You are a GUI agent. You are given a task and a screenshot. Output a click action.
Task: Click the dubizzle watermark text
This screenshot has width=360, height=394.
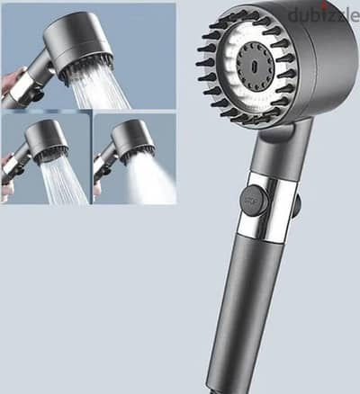pyautogui.click(x=323, y=13)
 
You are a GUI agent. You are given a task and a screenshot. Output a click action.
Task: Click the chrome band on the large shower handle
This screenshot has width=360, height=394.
pyautogui.click(x=270, y=206)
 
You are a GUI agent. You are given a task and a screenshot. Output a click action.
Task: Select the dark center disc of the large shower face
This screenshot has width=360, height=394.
pyautogui.click(x=255, y=67)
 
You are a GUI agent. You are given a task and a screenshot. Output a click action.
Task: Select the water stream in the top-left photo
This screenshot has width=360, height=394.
pyautogui.click(x=99, y=90)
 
